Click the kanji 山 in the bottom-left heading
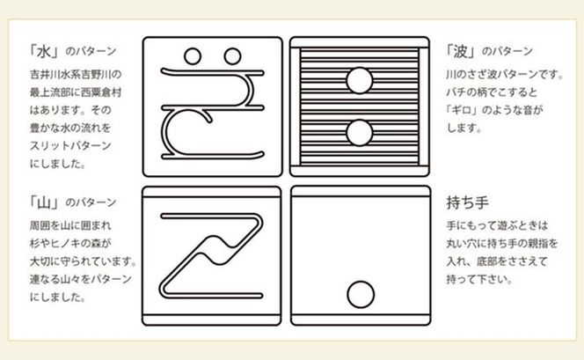(39, 202)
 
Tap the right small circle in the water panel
(233, 55)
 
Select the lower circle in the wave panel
(358, 132)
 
